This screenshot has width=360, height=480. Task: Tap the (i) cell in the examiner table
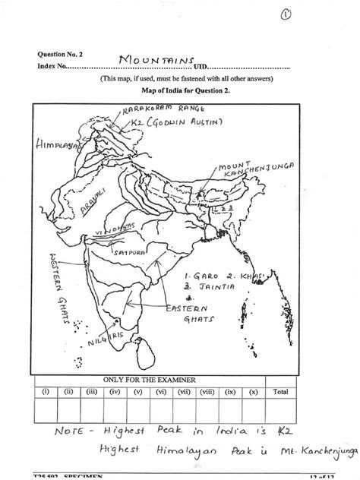[45, 392]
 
